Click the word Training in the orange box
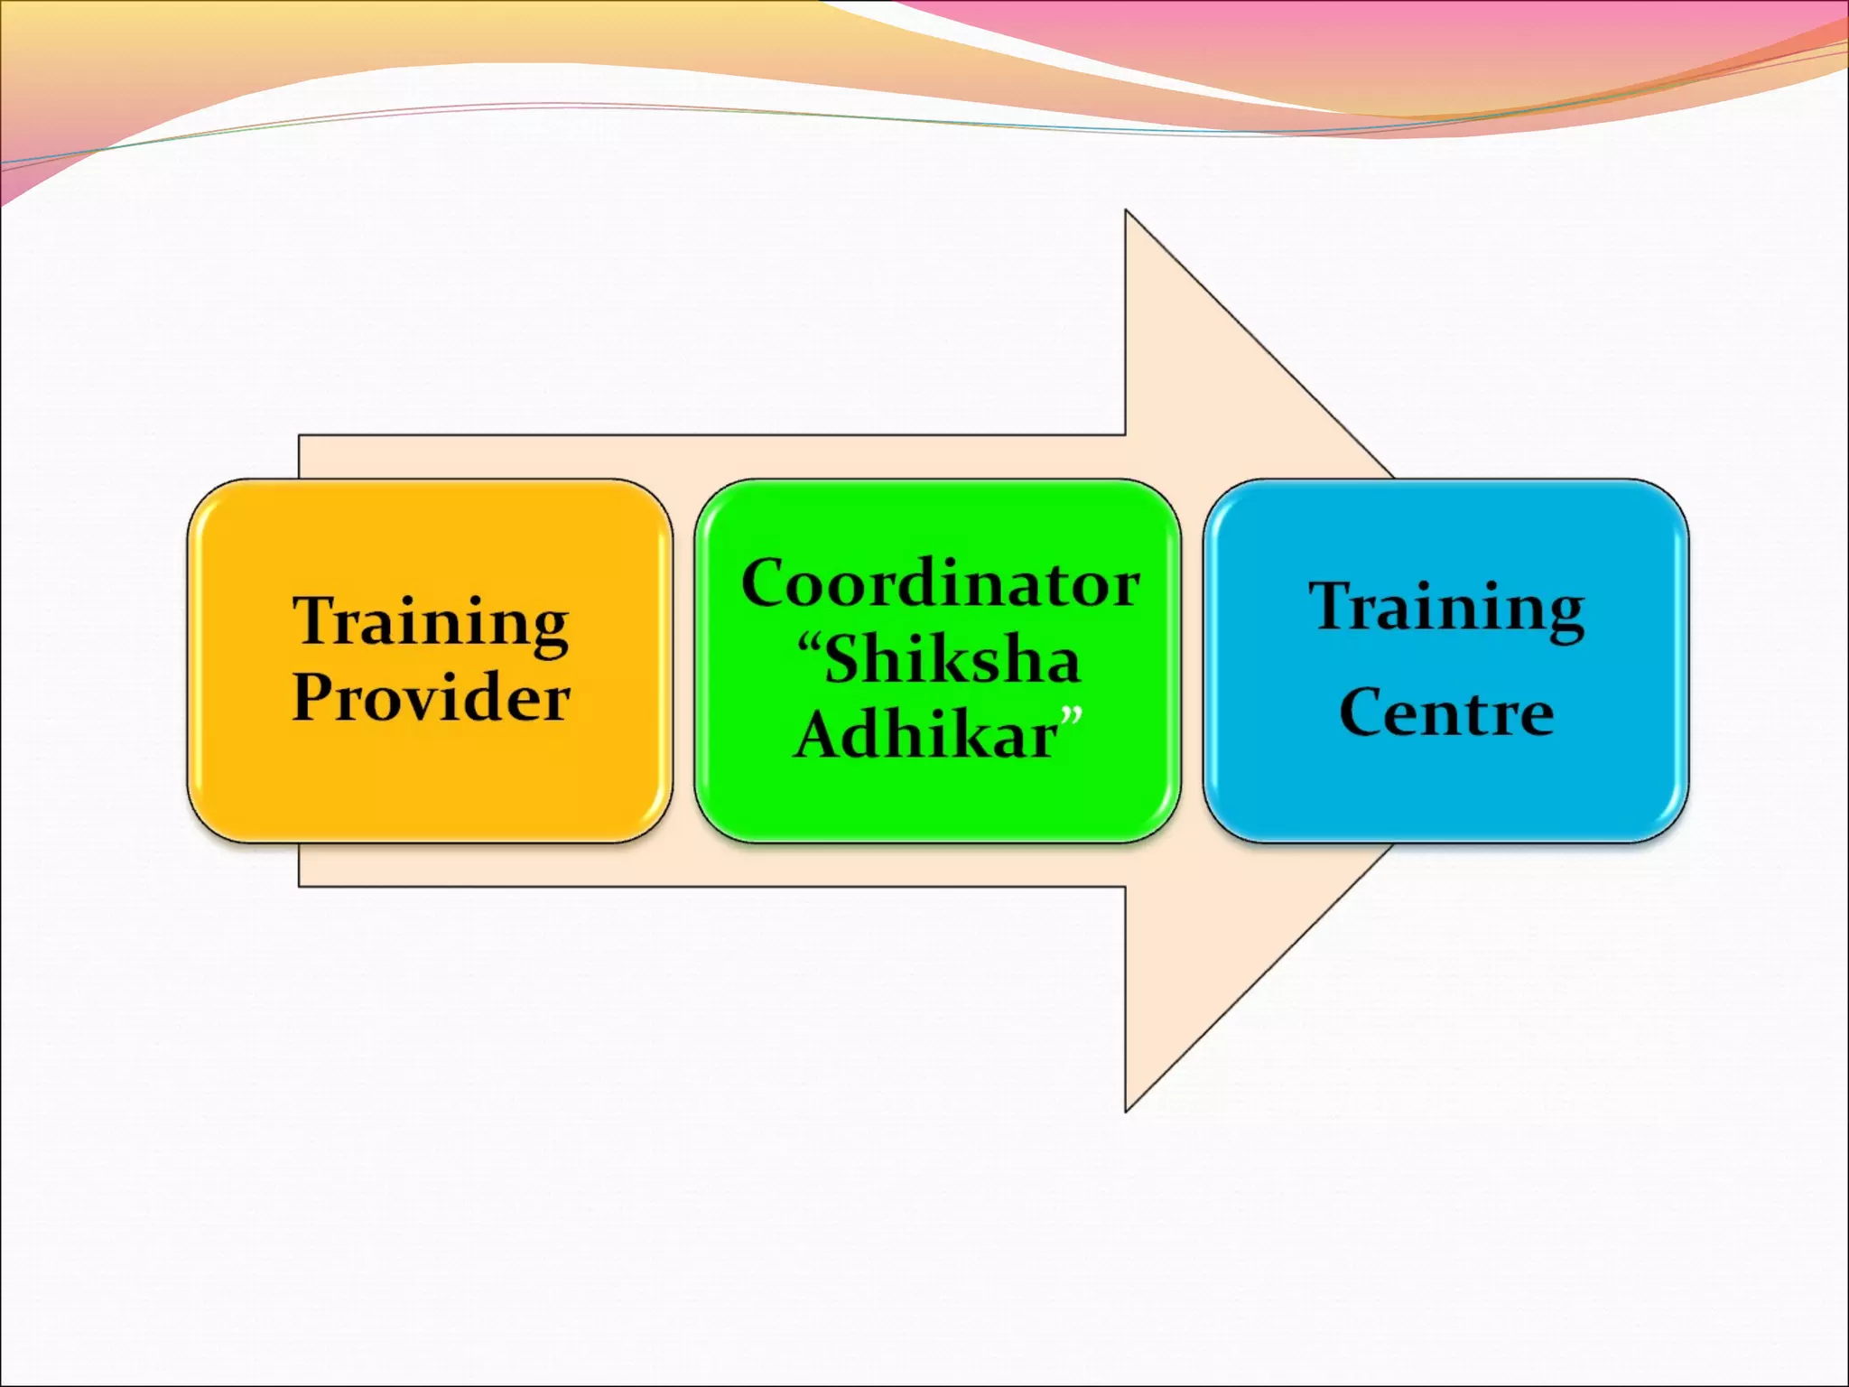[x=431, y=623]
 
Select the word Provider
[x=431, y=698]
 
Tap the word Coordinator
[x=940, y=584]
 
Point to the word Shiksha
[x=952, y=660]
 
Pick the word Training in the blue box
[x=1446, y=609]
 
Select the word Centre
[x=1446, y=713]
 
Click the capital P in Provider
[x=312, y=697]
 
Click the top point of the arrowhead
[x=1126, y=211]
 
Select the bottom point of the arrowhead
[x=1126, y=1111]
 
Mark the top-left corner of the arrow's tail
[x=300, y=436]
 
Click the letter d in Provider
[x=483, y=697]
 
